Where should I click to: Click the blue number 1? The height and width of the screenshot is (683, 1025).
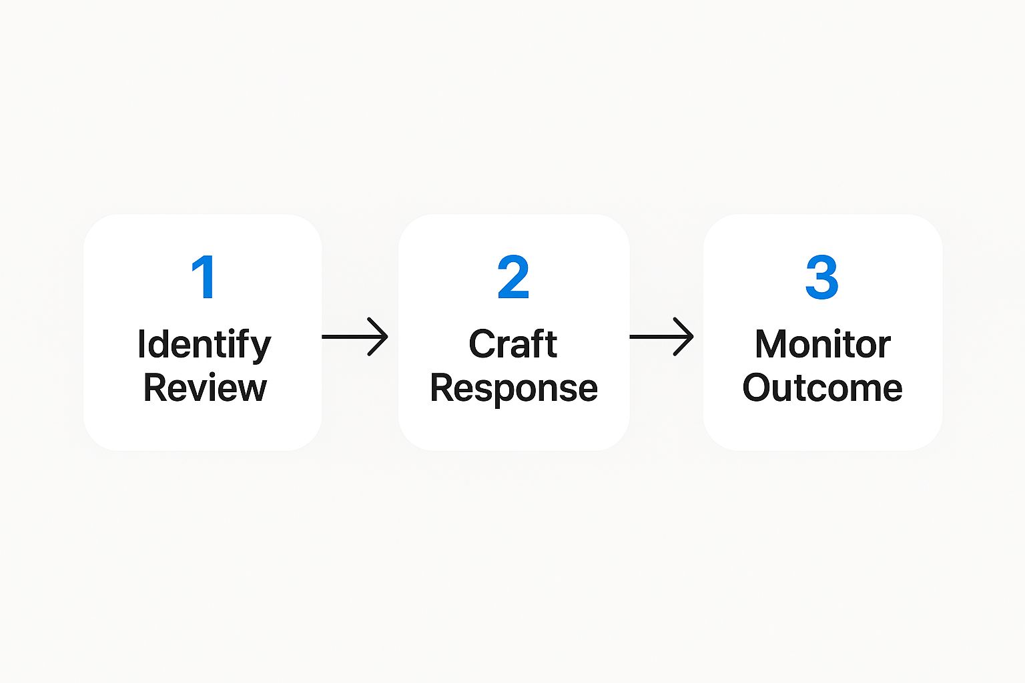coord(204,277)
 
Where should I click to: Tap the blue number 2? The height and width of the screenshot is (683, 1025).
coord(513,277)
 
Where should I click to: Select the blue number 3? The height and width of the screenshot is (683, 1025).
coord(821,277)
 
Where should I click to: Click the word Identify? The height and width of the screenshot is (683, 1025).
coord(204,345)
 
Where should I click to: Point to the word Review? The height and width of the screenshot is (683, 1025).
coord(205,388)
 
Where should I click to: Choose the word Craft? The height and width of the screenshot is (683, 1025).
coord(512,344)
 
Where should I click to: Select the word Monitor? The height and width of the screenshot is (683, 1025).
coord(822,344)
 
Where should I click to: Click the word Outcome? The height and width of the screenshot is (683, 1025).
coord(822,388)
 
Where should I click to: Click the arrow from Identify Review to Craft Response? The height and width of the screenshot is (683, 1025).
coord(354,337)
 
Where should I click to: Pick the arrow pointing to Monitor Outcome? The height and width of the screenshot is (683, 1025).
coord(661,337)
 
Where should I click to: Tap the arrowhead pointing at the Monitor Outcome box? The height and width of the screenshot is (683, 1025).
coord(686,337)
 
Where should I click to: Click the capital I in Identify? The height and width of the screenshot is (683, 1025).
coord(141,344)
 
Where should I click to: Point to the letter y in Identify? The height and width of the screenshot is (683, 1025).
coord(262,348)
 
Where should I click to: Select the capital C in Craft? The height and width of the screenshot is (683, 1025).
coord(482,344)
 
